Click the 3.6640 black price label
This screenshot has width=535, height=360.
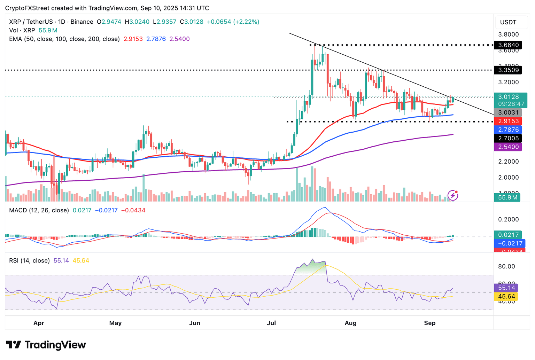[x=508, y=45]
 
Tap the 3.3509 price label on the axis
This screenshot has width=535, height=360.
[x=508, y=70]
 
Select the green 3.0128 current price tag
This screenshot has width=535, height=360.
[x=508, y=97]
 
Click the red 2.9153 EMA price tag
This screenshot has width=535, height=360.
[x=508, y=121]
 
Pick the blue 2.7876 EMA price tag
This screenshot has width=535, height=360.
[x=508, y=130]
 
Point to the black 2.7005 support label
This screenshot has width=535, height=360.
[x=508, y=138]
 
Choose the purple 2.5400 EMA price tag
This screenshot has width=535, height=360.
[x=508, y=147]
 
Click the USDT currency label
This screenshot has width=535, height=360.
[x=508, y=22]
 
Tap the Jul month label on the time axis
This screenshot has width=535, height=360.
[x=271, y=323]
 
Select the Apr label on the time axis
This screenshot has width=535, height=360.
[x=39, y=323]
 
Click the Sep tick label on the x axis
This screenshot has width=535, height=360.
[x=429, y=323]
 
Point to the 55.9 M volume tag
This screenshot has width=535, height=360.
[x=507, y=197]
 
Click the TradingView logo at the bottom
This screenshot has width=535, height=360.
[x=46, y=345]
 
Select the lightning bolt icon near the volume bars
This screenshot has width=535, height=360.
[x=452, y=195]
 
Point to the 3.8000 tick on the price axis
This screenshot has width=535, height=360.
[x=508, y=34]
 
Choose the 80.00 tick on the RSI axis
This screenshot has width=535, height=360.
[x=506, y=266]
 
